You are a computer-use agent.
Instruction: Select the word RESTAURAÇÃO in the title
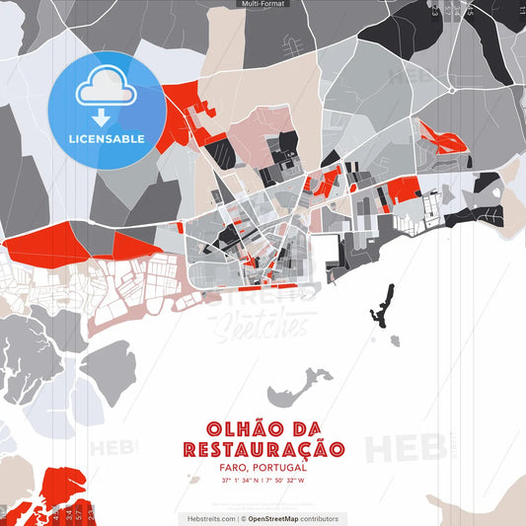click(263, 450)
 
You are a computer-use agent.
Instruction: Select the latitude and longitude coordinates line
click(263, 481)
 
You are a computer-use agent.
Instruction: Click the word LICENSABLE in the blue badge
click(107, 138)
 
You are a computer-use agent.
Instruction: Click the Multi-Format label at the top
click(263, 4)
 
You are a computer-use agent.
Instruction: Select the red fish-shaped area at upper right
click(439, 137)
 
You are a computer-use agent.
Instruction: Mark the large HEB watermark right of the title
click(404, 447)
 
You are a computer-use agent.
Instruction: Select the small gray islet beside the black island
click(395, 338)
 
